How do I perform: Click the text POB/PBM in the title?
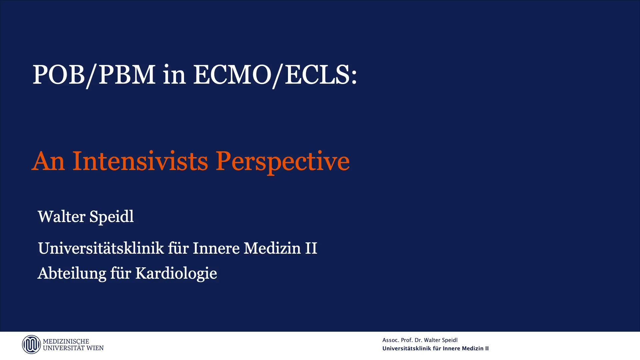(94, 75)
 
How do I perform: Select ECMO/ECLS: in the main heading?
(275, 75)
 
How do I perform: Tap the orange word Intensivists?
(140, 161)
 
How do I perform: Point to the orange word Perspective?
(282, 161)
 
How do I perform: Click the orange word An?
(48, 161)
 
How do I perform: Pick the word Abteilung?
(72, 273)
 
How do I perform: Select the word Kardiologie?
(176, 273)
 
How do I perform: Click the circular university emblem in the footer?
(31, 344)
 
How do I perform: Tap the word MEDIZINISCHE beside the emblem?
(66, 341)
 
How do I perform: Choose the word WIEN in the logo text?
(95, 348)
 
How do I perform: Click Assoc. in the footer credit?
(390, 340)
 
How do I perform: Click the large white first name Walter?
(61, 217)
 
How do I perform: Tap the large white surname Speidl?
(112, 217)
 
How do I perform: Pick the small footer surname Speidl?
(449, 340)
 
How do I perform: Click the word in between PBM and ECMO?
(174, 75)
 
